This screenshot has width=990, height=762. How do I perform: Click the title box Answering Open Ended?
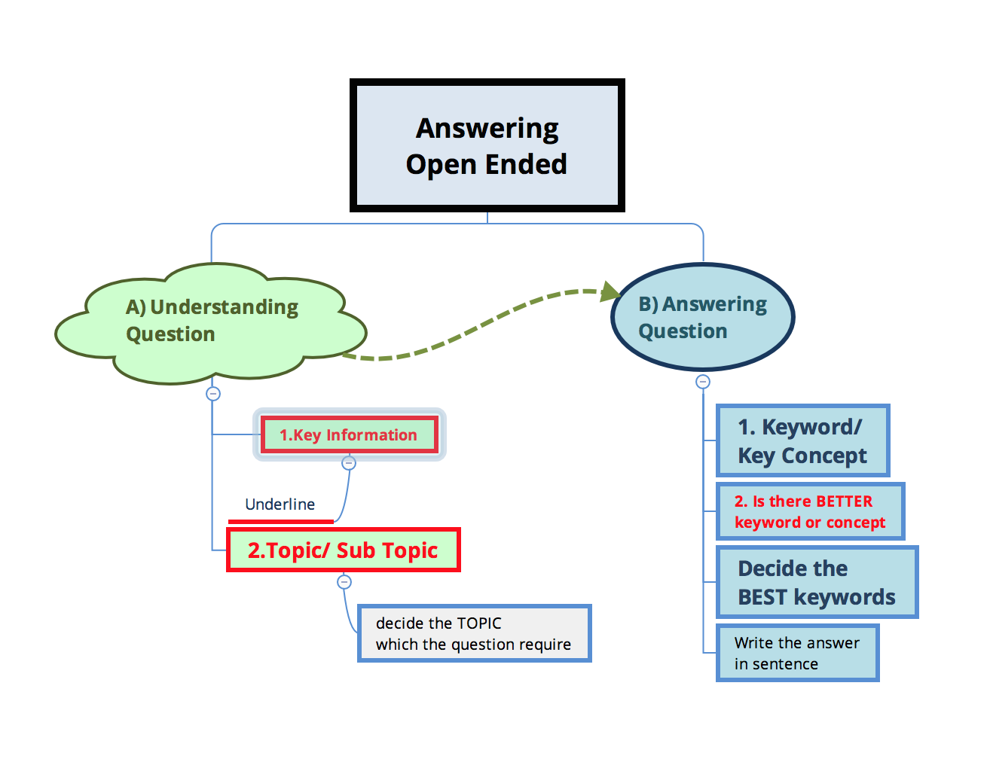click(487, 145)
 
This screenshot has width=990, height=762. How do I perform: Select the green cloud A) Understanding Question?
click(210, 324)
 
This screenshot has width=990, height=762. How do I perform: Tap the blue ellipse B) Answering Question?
click(702, 317)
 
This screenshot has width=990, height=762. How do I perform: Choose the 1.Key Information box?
click(350, 434)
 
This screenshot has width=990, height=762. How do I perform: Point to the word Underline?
click(280, 504)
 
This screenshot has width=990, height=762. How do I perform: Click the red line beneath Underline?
click(280, 522)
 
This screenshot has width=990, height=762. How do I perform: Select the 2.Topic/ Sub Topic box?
click(343, 550)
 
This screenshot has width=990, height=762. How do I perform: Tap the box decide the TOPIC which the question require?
click(474, 633)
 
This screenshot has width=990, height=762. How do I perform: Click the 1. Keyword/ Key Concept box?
click(802, 440)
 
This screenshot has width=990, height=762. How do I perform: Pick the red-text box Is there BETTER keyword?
click(810, 511)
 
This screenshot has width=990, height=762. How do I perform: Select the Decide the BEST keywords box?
click(817, 582)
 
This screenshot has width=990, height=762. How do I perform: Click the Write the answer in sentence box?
click(797, 653)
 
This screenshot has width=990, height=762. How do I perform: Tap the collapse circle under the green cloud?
click(213, 394)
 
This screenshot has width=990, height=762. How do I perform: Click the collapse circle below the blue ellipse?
click(703, 382)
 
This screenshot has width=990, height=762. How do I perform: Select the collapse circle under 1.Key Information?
click(349, 463)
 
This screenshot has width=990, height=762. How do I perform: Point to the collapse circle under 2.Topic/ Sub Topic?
click(344, 582)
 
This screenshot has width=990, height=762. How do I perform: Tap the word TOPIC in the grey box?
click(479, 623)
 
